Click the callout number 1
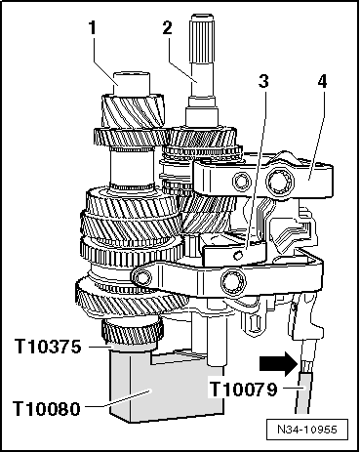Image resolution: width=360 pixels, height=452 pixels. point(93,28)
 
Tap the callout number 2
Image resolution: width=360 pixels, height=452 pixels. point(167,28)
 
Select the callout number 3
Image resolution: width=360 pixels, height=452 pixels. point(263,81)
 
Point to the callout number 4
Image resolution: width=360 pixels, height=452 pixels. point(322,81)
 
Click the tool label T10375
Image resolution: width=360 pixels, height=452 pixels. point(48,347)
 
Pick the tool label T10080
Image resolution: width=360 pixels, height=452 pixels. point(47,408)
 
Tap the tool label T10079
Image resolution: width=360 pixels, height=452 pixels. point(243,389)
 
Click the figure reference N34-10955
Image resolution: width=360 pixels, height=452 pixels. point(307,430)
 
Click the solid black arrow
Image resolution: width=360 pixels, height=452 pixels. point(279,364)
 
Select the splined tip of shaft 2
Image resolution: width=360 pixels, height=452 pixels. point(202,38)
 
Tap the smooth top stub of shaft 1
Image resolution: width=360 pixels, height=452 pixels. point(132,84)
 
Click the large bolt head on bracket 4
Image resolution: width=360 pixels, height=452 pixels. point(280,181)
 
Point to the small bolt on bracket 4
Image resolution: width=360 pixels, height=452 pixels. point(242,181)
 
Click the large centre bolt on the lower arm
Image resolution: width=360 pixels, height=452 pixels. point(233,281)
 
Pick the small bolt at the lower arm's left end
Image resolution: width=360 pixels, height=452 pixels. point(141,277)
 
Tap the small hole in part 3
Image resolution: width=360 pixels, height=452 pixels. point(239,256)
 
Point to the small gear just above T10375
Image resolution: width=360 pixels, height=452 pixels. point(132,333)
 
